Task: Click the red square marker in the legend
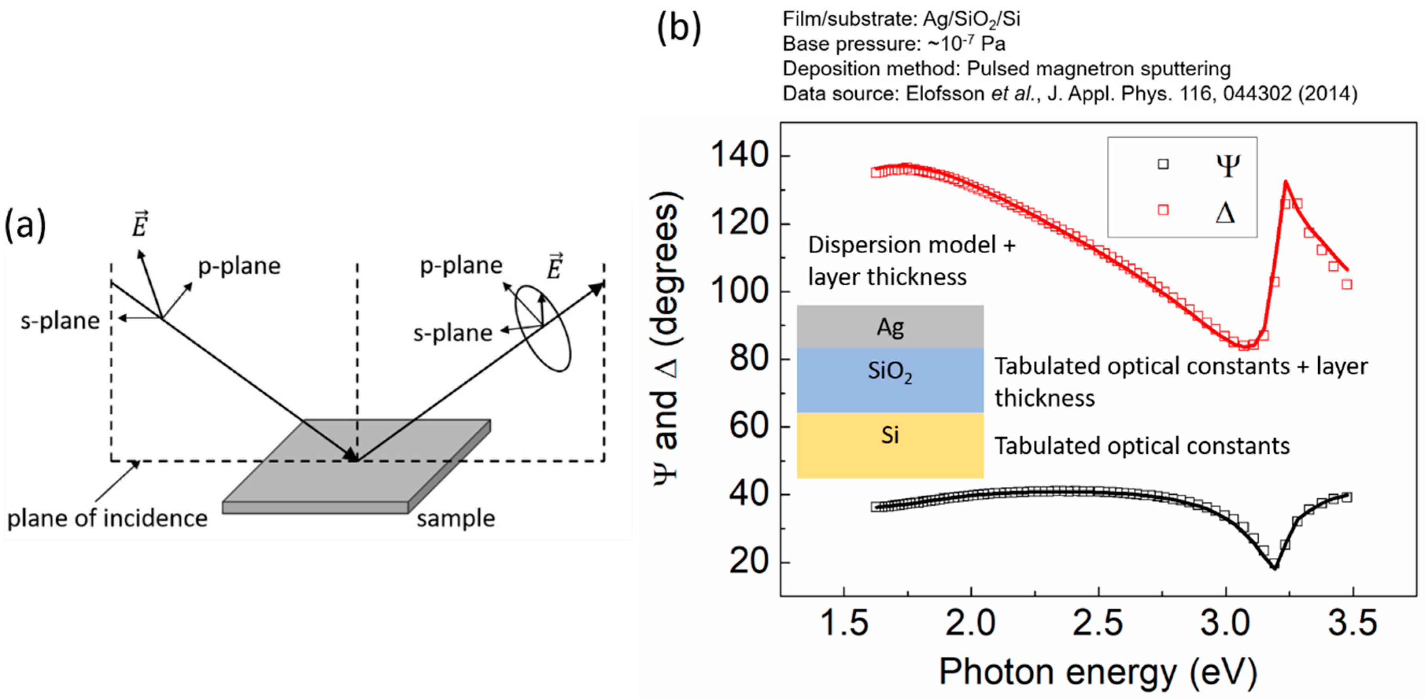[1163, 210]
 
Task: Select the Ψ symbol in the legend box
[1227, 165]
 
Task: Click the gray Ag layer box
[890, 327]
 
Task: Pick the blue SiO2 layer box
[890, 380]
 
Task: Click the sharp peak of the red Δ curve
[1285, 182]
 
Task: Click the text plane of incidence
[107, 518]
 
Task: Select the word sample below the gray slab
[456, 518]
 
